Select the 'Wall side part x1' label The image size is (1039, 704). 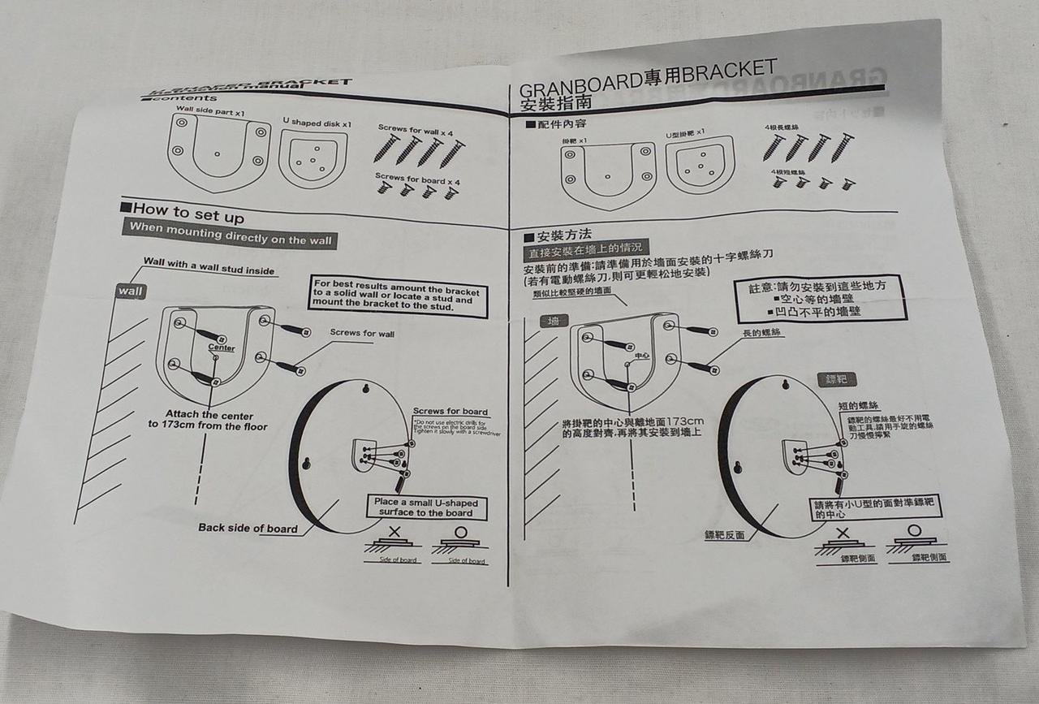[x=211, y=110]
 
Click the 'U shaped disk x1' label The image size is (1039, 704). [x=317, y=122]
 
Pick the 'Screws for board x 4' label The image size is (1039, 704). [x=416, y=178]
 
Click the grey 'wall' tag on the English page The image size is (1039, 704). [x=130, y=292]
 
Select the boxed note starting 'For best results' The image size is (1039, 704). [x=397, y=296]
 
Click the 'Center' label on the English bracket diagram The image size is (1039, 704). [x=222, y=348]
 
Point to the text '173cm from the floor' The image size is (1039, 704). [x=208, y=426]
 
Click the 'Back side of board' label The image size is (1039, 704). [x=248, y=529]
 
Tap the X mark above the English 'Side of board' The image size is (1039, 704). [x=394, y=532]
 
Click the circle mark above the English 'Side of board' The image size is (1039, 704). [x=460, y=533]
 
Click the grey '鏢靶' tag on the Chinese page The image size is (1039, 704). [x=836, y=380]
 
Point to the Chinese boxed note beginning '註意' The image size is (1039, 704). [x=821, y=298]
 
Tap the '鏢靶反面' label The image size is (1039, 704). [x=725, y=536]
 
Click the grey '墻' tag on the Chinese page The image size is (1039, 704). [x=554, y=322]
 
